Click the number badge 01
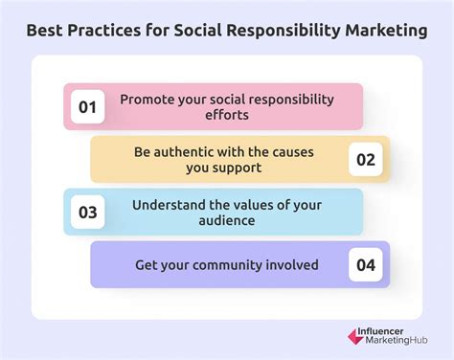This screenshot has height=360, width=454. tap(88, 107)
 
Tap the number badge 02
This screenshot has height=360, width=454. tap(365, 159)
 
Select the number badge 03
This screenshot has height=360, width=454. tap(88, 213)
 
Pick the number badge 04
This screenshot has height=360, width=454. tap(365, 264)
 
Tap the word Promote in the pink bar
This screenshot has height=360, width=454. tap(148, 100)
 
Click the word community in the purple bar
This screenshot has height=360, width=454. tap(226, 264)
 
